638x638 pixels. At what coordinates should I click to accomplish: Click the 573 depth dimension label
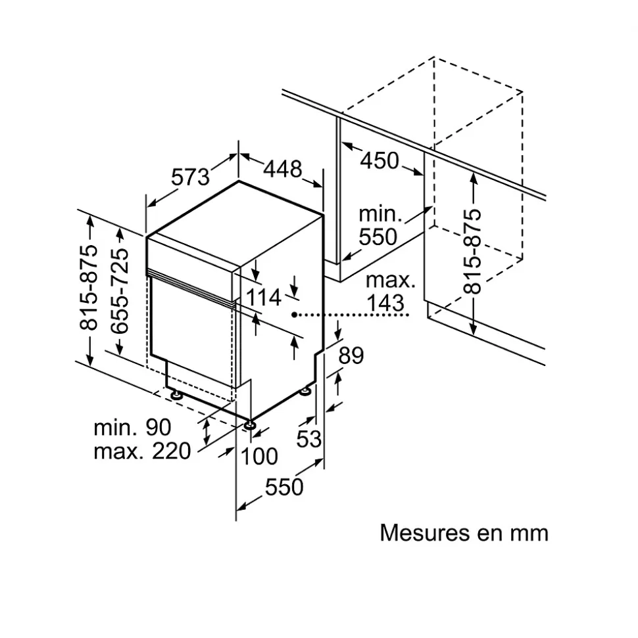pos(190,177)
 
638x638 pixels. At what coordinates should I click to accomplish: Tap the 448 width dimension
pos(283,169)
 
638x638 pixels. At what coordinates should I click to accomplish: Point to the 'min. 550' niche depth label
pos(379,225)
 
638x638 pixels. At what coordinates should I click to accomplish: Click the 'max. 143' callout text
pos(391,292)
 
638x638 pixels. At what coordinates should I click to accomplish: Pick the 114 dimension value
pos(264,298)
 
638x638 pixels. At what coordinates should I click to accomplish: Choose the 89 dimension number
pos(351,355)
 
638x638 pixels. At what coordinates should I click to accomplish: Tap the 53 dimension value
pos(308,438)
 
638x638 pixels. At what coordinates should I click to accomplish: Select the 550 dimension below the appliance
pos(284,487)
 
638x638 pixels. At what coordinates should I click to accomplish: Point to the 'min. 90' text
pos(132,428)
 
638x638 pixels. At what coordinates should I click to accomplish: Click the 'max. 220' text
pos(142,451)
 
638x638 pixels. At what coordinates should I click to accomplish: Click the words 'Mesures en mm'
pos(464,532)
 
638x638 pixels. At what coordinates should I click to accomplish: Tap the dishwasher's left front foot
pos(176,396)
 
